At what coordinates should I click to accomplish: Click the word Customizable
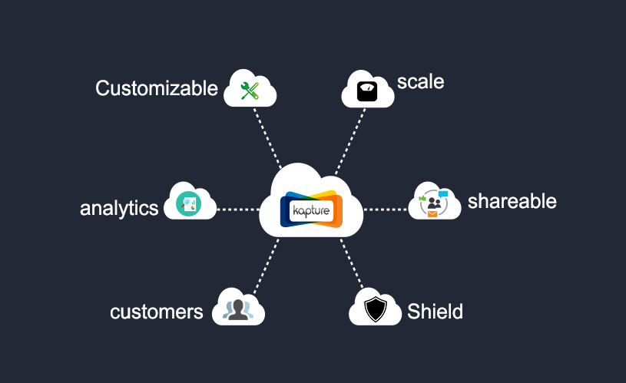point(157,88)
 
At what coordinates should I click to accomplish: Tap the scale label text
point(420,82)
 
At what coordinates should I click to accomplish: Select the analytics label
point(119,209)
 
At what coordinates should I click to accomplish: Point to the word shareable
point(512,200)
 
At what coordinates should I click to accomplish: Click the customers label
point(157,312)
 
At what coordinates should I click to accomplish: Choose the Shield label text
point(436,311)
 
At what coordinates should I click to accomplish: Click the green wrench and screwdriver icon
point(250,91)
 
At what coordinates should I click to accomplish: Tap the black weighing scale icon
point(367,91)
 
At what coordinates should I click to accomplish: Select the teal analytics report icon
point(188,204)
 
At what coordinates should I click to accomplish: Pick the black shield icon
point(376,309)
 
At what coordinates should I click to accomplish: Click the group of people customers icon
point(238,310)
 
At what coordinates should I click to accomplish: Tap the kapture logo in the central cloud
point(311,209)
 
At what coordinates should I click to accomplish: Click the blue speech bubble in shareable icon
point(443,194)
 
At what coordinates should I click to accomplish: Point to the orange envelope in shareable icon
point(432,214)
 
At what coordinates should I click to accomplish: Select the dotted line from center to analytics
point(238,209)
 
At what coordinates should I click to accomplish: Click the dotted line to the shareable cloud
point(386,209)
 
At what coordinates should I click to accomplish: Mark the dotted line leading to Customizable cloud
point(267,138)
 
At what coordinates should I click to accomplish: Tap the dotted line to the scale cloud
point(350,141)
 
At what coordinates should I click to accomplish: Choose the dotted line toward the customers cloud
point(266,266)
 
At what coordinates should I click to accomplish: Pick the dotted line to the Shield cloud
point(352,264)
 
